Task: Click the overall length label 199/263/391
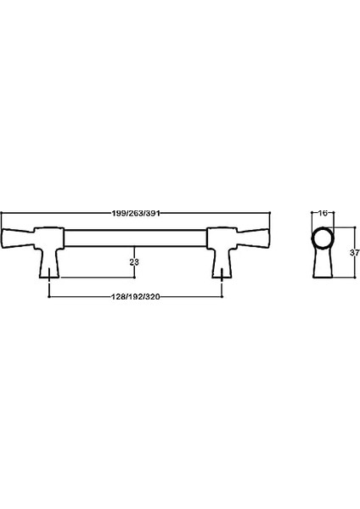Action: [x=136, y=213]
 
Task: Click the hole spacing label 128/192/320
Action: [x=136, y=297]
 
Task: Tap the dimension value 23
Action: [x=134, y=262]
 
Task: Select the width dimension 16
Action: [x=323, y=213]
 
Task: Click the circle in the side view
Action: [x=323, y=238]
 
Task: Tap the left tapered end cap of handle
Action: [x=18, y=238]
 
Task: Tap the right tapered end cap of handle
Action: [x=254, y=238]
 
